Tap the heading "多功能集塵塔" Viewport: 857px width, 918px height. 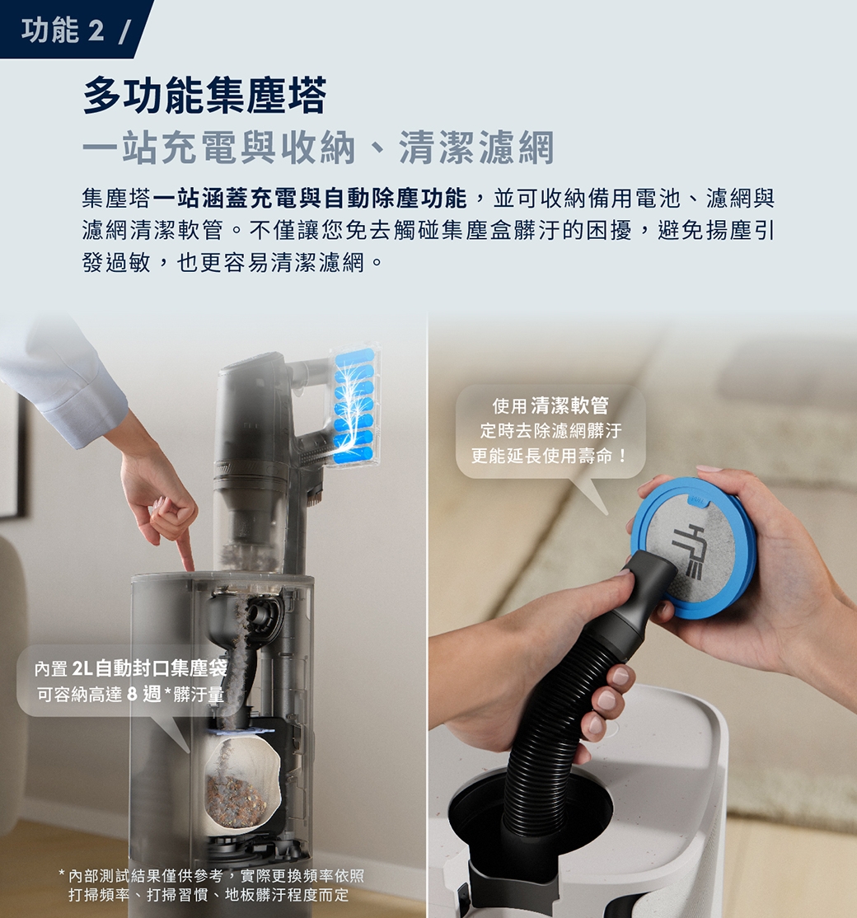click(x=204, y=96)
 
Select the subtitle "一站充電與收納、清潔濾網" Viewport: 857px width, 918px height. click(x=318, y=148)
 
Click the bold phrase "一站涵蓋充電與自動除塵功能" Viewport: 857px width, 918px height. click(x=310, y=199)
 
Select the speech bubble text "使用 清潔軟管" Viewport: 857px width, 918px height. click(x=550, y=405)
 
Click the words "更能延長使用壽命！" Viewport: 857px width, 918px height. click(x=550, y=456)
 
